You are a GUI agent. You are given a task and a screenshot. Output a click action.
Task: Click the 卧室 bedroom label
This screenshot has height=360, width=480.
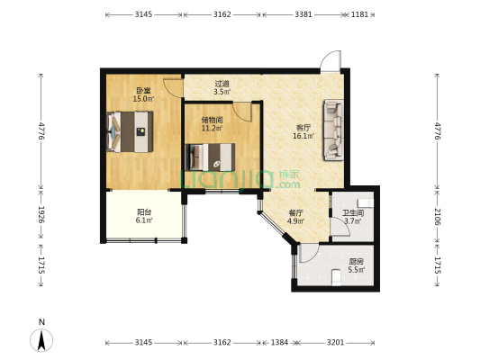tap(143, 91)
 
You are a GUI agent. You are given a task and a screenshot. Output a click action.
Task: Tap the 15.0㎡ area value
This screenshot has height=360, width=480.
tap(143, 98)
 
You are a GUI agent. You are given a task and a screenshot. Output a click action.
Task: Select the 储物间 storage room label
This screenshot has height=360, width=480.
tap(212, 120)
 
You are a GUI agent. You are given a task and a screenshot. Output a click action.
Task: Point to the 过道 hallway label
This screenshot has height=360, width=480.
tap(222, 83)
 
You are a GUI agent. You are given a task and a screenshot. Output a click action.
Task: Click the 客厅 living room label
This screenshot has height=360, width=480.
tap(303, 128)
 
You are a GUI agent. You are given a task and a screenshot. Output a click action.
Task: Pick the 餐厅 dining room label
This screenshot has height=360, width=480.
tap(295, 213)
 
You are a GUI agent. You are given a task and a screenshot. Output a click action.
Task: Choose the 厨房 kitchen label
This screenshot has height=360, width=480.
tap(357, 262)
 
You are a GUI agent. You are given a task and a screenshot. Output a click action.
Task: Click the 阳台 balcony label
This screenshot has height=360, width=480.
tap(144, 212)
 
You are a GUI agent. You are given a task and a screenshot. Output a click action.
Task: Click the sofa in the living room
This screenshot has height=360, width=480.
tap(334, 130)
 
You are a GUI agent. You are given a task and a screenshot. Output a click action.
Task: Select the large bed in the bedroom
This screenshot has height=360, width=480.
tap(130, 131)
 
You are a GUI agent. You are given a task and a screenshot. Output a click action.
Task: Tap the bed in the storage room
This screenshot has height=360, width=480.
tap(211, 157)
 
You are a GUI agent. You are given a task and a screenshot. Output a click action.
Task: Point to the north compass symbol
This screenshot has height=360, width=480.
tap(41, 339)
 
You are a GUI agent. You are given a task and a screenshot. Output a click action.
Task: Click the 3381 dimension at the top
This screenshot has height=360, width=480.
tap(303, 14)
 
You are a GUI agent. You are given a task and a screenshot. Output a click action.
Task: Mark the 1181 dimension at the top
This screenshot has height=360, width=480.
tap(359, 14)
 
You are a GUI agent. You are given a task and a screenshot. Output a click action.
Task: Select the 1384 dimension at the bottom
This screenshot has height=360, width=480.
tap(279, 342)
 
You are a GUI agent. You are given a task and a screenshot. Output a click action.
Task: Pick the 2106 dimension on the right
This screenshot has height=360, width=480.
tap(438, 217)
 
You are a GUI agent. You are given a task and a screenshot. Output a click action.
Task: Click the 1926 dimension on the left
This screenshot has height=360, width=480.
tap(41, 214)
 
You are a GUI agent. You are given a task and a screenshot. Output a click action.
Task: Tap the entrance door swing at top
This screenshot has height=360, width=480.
tap(331, 61)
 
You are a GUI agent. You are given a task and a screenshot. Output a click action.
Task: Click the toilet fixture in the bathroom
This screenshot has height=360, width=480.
tap(366, 202)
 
